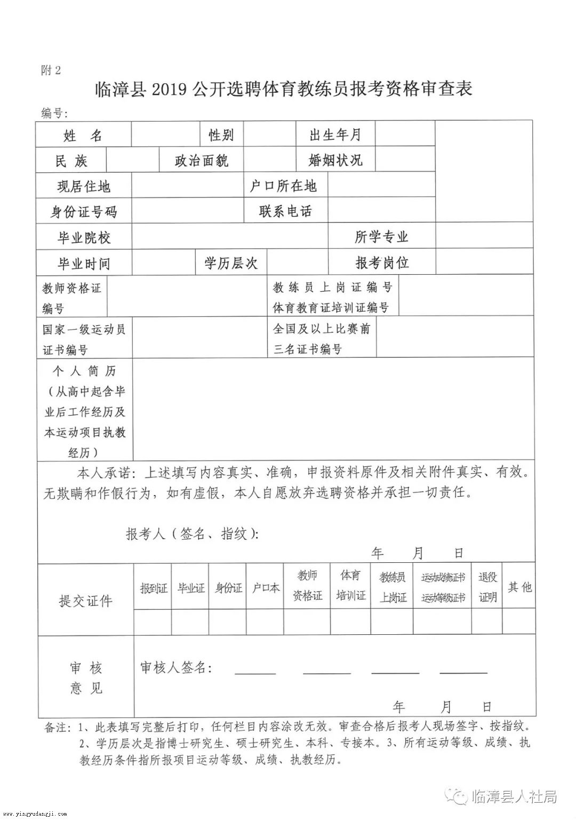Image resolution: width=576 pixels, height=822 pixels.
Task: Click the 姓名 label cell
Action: tap(83, 135)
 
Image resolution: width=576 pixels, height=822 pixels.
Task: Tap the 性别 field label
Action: tap(221, 135)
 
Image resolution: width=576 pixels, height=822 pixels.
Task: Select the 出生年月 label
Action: tap(335, 134)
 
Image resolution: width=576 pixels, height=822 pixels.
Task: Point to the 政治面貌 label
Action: tap(202, 161)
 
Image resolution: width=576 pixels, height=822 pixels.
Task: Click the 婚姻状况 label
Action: tap(335, 160)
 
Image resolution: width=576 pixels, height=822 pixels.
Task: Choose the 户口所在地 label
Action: tap(283, 186)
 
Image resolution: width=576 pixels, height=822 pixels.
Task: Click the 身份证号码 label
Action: tap(84, 212)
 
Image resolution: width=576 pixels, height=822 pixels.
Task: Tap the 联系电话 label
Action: tap(286, 211)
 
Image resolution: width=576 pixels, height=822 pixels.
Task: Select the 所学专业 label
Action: tap(381, 237)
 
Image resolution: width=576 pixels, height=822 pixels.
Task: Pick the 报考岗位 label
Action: tap(382, 262)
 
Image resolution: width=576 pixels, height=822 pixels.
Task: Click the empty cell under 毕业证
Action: tap(190, 622)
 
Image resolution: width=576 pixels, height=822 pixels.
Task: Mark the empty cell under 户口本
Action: tap(265, 622)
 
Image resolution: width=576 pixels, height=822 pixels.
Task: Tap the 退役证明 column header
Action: tap(487, 587)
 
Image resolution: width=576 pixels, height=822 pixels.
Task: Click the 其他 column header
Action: tap(519, 587)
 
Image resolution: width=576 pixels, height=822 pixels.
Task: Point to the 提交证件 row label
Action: tap(85, 601)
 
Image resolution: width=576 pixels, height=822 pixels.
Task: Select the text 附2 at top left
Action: tap(51, 70)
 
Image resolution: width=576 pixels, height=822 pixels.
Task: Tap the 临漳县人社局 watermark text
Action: tap(515, 797)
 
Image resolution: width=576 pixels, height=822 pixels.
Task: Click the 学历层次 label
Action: tap(231, 262)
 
